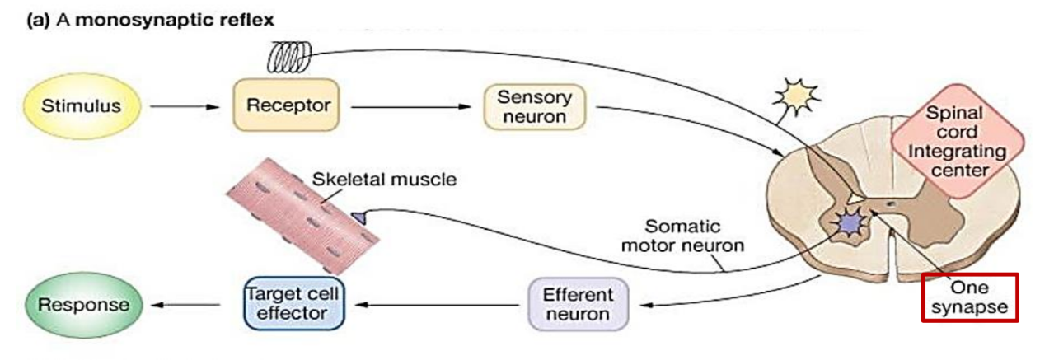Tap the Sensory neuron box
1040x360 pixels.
(x=534, y=107)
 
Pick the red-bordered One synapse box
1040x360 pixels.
(x=969, y=297)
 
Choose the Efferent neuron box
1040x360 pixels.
(x=578, y=304)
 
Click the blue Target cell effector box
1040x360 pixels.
(x=294, y=304)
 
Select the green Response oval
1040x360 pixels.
(x=79, y=304)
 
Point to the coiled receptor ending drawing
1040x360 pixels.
(x=288, y=56)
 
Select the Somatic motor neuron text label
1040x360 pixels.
(x=694, y=235)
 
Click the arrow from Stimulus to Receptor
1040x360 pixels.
(x=182, y=106)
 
